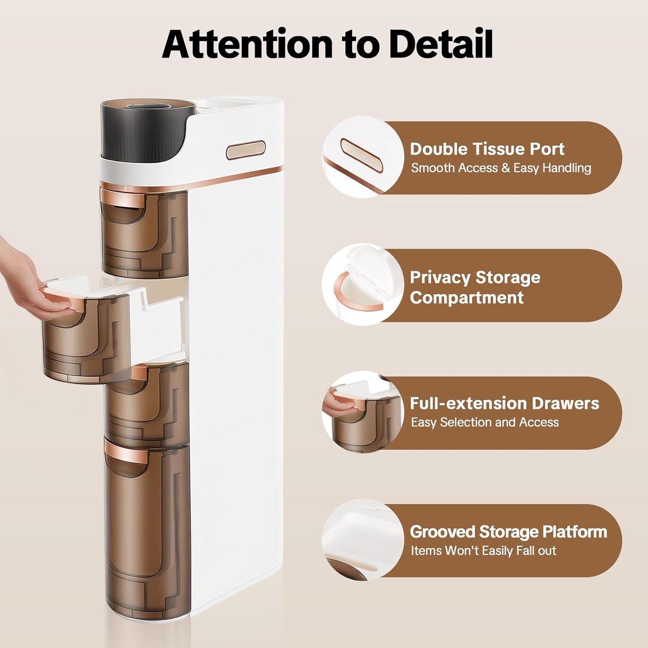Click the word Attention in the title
pos(247,45)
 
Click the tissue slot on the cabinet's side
pos(246,150)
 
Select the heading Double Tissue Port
pos(487,148)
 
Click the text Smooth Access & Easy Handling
pos(501,167)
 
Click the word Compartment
pos(467,298)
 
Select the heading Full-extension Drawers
pos(504,403)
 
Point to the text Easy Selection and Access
pos(485,422)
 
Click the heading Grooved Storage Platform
pos(508,532)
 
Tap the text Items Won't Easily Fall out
pos(483,551)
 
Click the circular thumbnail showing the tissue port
pos(363,157)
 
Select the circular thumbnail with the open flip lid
pos(363,284)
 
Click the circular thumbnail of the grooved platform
pos(363,540)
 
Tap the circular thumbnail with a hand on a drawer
pos(363,412)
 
